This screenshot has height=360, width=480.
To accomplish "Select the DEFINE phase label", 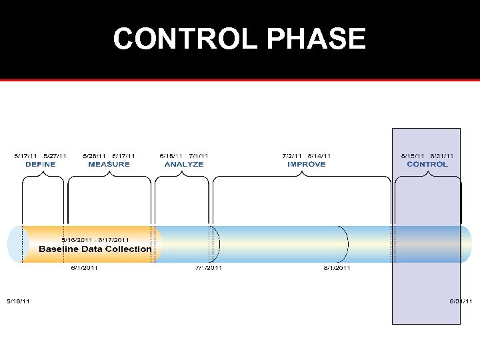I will (x=41, y=164).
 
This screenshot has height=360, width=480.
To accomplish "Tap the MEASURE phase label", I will (x=109, y=164).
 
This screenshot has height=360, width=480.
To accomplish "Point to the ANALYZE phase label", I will (x=184, y=164).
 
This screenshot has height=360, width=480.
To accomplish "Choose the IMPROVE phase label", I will (x=306, y=164).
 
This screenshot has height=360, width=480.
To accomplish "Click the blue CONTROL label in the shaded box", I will (x=427, y=164).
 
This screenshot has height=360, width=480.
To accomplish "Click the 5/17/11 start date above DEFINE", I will (x=26, y=156).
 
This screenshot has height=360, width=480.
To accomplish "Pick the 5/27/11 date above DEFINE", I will (x=55, y=156).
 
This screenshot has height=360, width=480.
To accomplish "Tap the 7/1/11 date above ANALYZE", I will (x=199, y=156).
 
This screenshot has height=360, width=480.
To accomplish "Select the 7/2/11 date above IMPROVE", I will (x=292, y=156).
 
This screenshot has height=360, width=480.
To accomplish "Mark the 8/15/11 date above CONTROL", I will (x=413, y=156).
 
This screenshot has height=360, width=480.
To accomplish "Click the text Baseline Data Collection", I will (x=95, y=249).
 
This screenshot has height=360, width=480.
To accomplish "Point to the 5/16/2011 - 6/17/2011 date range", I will (x=95, y=240).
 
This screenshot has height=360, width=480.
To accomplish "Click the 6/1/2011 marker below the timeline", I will (x=85, y=268).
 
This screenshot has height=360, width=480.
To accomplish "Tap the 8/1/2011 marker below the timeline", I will (x=337, y=268).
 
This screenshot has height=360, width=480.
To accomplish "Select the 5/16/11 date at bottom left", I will (x=18, y=301).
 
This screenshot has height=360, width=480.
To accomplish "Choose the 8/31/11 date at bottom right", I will (x=461, y=301).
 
